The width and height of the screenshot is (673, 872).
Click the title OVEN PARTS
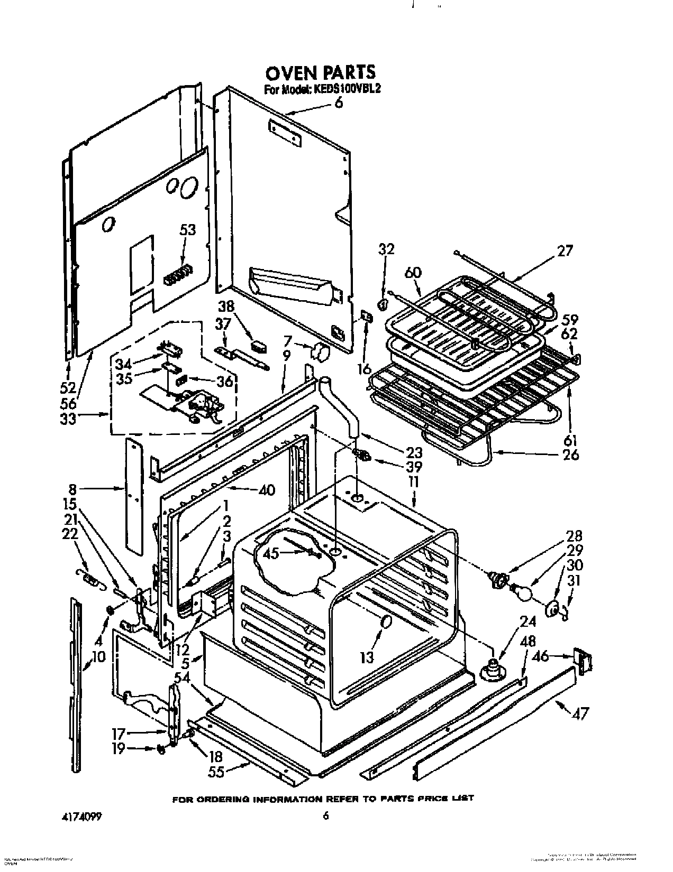pyautogui.click(x=320, y=72)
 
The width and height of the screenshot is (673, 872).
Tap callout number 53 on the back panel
pyautogui.click(x=187, y=230)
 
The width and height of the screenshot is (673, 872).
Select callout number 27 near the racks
pyautogui.click(x=565, y=251)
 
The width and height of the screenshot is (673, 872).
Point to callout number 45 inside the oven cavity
pyautogui.click(x=271, y=554)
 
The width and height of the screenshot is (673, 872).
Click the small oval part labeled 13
pyautogui.click(x=387, y=623)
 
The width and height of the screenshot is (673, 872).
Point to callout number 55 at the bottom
pyautogui.click(x=216, y=772)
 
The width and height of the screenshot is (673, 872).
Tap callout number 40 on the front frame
pyautogui.click(x=267, y=490)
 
